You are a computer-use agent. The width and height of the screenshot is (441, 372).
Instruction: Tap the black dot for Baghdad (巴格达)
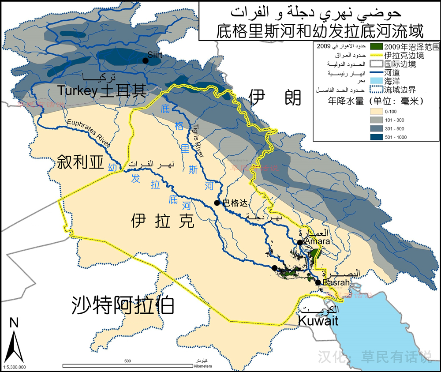point(217,203)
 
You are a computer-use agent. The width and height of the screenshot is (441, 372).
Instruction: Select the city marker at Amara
point(299,242)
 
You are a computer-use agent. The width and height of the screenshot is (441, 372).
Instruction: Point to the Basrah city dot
point(318,282)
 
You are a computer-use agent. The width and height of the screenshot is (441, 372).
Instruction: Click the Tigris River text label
point(197,140)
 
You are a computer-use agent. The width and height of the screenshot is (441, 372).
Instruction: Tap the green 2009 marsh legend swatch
point(376,46)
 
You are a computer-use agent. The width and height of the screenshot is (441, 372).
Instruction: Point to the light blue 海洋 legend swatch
point(376,81)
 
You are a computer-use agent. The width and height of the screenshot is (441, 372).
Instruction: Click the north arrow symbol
point(14,342)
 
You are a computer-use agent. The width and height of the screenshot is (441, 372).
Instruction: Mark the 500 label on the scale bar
point(127,361)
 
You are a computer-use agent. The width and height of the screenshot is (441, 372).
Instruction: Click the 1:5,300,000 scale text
point(15,367)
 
